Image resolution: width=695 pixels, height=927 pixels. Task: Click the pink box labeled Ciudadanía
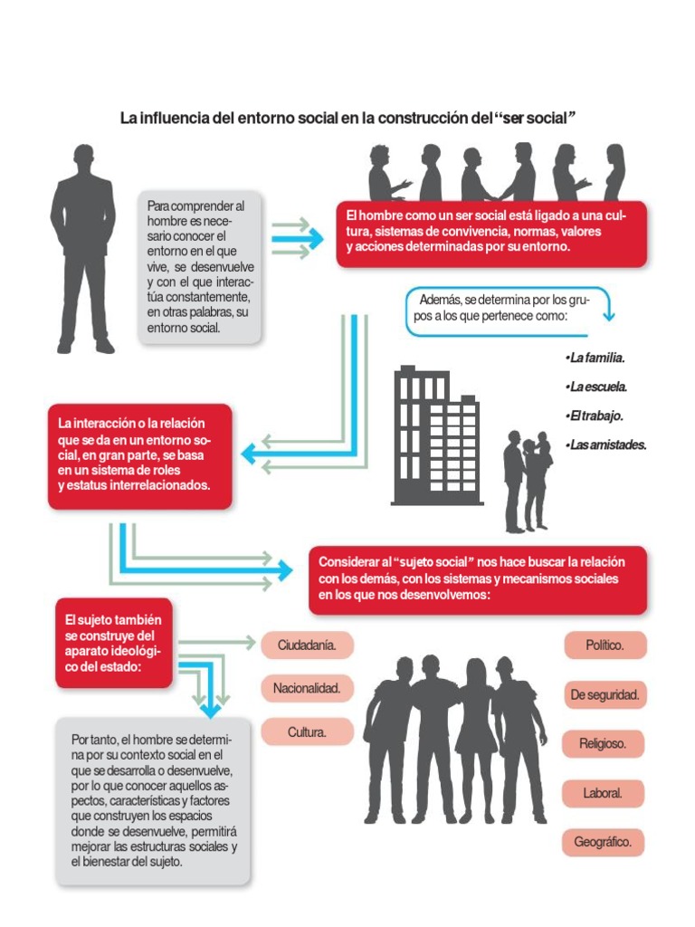307,645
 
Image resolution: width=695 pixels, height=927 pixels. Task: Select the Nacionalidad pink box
307,688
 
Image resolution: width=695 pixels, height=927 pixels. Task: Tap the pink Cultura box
307,731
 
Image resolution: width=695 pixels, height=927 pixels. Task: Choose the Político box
605,645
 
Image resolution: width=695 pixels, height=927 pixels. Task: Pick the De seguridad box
605,695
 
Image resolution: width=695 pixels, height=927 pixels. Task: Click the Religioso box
605,744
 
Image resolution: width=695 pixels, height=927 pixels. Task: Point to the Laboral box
603,793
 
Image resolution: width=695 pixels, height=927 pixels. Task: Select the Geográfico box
603,842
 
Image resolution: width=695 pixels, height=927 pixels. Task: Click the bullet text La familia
595,358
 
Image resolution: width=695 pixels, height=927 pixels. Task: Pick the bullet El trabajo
595,416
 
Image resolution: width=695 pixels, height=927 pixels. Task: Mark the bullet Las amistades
605,444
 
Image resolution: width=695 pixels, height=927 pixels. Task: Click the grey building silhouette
435,439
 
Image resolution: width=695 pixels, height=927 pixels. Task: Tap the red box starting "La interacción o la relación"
140,455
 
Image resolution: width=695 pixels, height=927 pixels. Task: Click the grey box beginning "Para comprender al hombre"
200,266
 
